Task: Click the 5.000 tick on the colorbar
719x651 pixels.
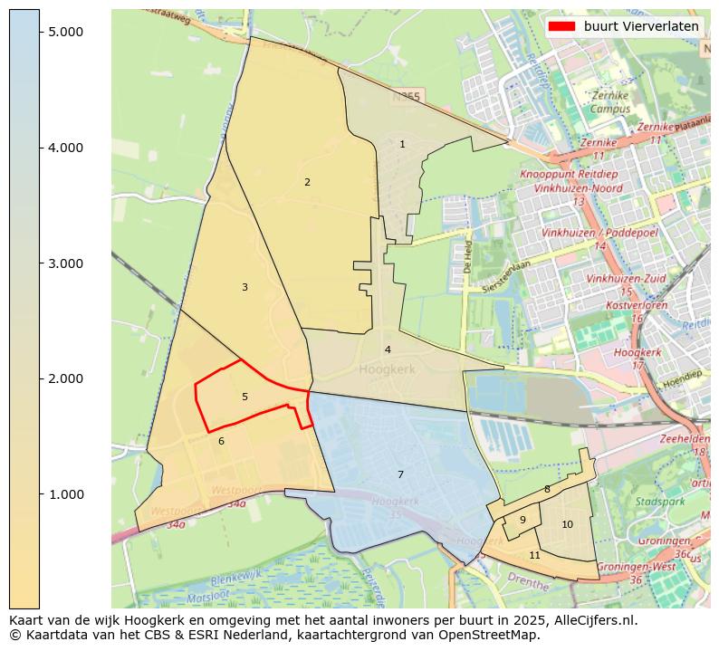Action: point(64,32)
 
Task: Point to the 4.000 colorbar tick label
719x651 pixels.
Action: point(64,148)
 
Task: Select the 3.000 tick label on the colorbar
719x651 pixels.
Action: point(64,263)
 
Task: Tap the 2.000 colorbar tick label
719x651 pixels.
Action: point(64,378)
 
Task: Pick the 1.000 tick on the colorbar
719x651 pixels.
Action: point(64,494)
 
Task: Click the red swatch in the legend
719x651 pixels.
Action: point(561,26)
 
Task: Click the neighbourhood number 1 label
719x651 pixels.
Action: point(402,144)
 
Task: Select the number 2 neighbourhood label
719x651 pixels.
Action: point(307,182)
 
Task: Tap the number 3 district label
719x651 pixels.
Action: point(244,287)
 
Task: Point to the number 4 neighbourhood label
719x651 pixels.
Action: point(388,349)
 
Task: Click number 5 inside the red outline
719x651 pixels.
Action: point(244,397)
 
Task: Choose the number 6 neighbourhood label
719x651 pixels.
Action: point(221,441)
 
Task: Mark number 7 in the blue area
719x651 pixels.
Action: point(400,474)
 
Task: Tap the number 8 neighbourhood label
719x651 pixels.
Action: point(547,489)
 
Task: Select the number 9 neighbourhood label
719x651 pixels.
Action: point(522,520)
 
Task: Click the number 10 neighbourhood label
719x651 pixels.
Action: point(567,524)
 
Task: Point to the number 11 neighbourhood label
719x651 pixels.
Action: point(534,555)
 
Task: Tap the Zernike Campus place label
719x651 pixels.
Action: point(609,102)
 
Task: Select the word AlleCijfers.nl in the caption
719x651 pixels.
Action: point(593,621)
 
